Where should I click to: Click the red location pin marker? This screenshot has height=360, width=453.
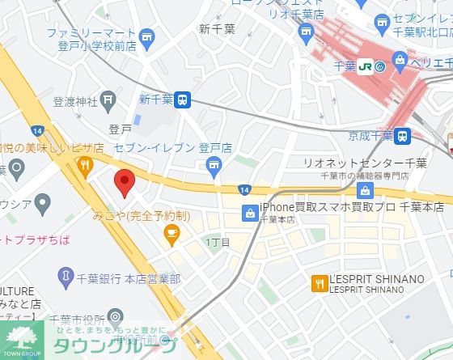[x=123, y=182]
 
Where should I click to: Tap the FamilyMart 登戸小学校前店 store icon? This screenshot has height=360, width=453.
[x=146, y=37]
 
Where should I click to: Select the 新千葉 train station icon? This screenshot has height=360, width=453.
[x=184, y=100]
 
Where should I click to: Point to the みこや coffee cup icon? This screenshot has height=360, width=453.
[x=171, y=235]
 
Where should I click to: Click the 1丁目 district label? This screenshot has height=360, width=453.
[x=218, y=243]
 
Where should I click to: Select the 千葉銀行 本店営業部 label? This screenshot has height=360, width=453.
[x=129, y=278]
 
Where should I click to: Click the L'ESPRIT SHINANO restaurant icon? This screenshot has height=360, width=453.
[x=319, y=282]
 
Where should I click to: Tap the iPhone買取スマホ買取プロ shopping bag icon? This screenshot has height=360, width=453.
[x=250, y=214]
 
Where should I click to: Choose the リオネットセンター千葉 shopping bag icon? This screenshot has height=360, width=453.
[x=365, y=191]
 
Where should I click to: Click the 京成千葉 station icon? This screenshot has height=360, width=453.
[x=404, y=135]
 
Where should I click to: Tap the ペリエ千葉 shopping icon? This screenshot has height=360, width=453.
[x=399, y=59]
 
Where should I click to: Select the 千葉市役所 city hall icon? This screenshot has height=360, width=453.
[x=116, y=316]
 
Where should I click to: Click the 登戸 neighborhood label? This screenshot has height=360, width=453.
[x=120, y=129]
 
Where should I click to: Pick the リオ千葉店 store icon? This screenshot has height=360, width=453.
[x=306, y=32]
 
